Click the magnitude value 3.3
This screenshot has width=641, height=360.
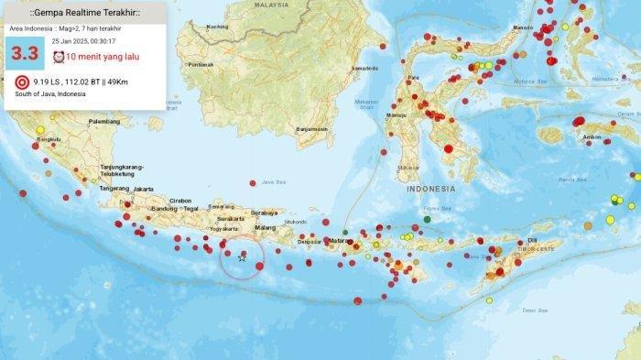pos(25,54)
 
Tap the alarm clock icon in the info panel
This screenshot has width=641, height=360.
pos(59,57)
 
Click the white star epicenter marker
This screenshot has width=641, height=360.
pos(242,258)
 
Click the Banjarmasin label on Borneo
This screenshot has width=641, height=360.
pos(312,129)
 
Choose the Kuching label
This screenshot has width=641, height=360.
pos(217,27)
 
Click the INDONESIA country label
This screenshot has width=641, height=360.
pos(430,189)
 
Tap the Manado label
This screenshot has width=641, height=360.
pos(522,27)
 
